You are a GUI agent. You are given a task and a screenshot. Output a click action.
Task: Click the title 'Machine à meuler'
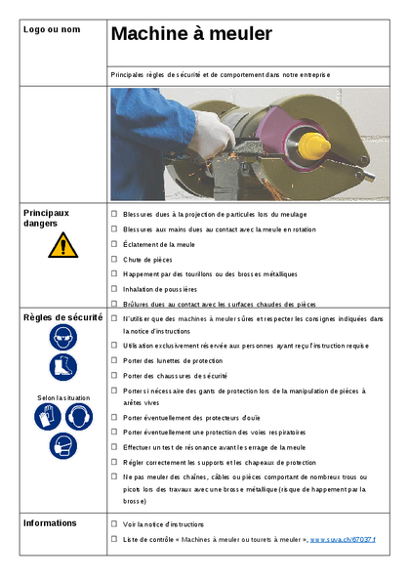[190, 34]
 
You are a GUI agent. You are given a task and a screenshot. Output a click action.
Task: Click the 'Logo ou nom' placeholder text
[51, 29]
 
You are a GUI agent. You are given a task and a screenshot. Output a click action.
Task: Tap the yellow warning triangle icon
[62, 245]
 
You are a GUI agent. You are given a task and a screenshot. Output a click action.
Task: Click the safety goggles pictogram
[62, 338]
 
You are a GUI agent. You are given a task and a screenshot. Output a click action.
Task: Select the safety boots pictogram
[62, 368]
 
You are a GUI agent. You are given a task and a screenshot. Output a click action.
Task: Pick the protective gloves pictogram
[48, 417]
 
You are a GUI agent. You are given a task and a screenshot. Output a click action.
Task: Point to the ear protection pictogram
[78, 417]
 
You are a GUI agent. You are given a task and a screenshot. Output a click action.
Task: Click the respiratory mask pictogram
[62, 446]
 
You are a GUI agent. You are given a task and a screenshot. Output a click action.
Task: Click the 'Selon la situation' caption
[62, 397]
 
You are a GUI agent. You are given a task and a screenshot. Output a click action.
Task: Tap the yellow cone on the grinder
[312, 146]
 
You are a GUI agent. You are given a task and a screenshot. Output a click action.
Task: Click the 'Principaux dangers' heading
[47, 217]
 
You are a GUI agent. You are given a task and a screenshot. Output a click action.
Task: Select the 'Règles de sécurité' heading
[62, 317]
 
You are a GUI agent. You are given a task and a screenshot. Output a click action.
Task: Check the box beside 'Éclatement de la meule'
[114, 244]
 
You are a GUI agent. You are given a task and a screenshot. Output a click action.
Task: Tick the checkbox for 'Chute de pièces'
[114, 259]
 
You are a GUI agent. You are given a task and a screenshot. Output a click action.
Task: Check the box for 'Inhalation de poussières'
[114, 289]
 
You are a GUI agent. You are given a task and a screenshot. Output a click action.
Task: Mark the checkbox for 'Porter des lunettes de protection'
[114, 360]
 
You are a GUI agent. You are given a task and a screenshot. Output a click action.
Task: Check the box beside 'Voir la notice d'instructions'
[114, 524]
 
